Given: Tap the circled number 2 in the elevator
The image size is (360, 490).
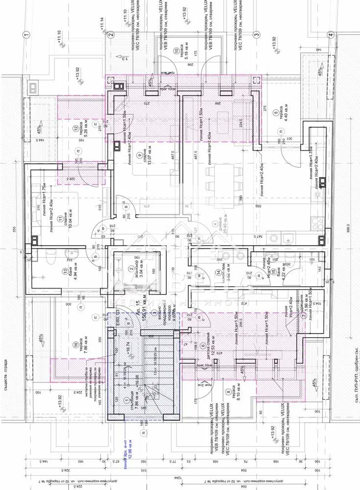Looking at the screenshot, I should [130, 268].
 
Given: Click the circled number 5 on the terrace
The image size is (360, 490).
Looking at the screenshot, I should [276, 112].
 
